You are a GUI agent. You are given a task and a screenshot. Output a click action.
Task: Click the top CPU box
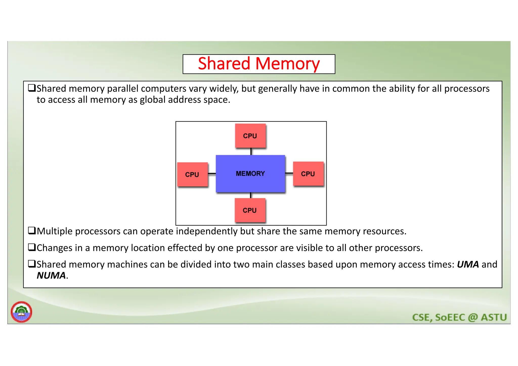coord(250,136)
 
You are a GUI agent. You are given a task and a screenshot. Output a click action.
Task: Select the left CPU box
coord(192,175)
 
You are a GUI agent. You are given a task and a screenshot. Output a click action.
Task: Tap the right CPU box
coord(308,174)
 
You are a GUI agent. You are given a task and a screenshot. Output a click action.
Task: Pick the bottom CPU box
coord(250,210)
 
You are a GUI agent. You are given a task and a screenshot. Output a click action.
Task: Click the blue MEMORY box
coord(250,174)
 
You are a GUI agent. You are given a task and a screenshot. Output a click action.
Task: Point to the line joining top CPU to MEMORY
coord(251,152)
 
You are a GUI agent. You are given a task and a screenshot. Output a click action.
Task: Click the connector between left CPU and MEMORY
coord(212,174)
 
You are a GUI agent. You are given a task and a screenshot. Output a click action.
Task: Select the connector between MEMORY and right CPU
coord(289,173)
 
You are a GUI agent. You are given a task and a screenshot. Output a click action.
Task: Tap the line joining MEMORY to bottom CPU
coord(251,195)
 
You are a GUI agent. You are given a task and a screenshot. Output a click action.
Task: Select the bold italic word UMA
coord(468,264)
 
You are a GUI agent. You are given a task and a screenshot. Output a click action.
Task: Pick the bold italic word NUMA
coord(51,275)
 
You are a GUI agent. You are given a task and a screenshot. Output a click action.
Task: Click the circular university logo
coord(21,312)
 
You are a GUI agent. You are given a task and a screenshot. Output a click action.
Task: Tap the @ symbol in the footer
coord(473,317)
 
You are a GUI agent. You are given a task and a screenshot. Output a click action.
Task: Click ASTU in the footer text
coord(494,317)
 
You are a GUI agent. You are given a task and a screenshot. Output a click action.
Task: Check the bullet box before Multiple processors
coord(32,231)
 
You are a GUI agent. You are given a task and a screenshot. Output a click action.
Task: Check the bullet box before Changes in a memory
coord(32,247)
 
